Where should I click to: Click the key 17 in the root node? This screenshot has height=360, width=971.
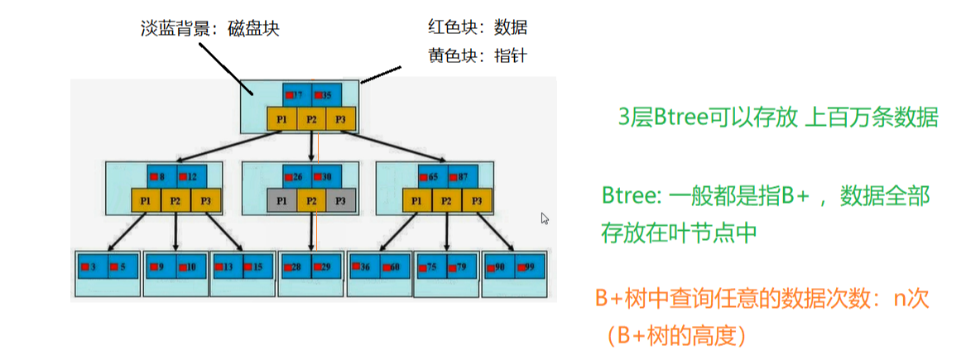point(296,95)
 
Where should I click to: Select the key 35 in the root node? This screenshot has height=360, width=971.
point(325,95)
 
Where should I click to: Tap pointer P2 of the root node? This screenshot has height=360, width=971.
point(311,119)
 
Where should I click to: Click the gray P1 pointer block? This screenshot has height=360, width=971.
point(281,200)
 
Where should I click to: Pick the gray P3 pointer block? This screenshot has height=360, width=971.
point(340,200)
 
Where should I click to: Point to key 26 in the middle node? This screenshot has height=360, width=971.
point(296,176)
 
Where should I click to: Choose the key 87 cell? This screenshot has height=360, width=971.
point(461,176)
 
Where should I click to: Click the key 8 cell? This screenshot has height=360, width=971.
point(161,176)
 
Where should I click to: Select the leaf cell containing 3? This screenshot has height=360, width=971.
point(92,266)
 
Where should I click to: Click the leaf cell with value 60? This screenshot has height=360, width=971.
point(393,266)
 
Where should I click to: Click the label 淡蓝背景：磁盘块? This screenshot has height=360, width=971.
point(209,28)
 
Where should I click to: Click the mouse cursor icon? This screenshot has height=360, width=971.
point(545,218)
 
